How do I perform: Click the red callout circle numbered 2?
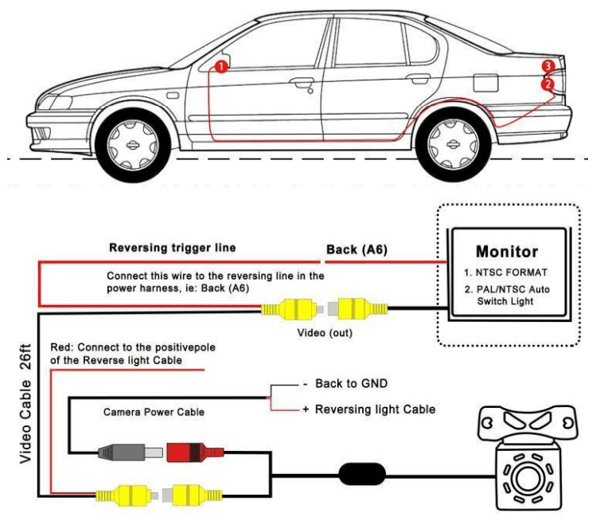[x=547, y=83]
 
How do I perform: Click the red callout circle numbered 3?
[x=547, y=65]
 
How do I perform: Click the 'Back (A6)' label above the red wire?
[x=356, y=250]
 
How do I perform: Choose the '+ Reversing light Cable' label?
[x=368, y=409]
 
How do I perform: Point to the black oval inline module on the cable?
[x=364, y=474]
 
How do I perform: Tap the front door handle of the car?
[x=301, y=82]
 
